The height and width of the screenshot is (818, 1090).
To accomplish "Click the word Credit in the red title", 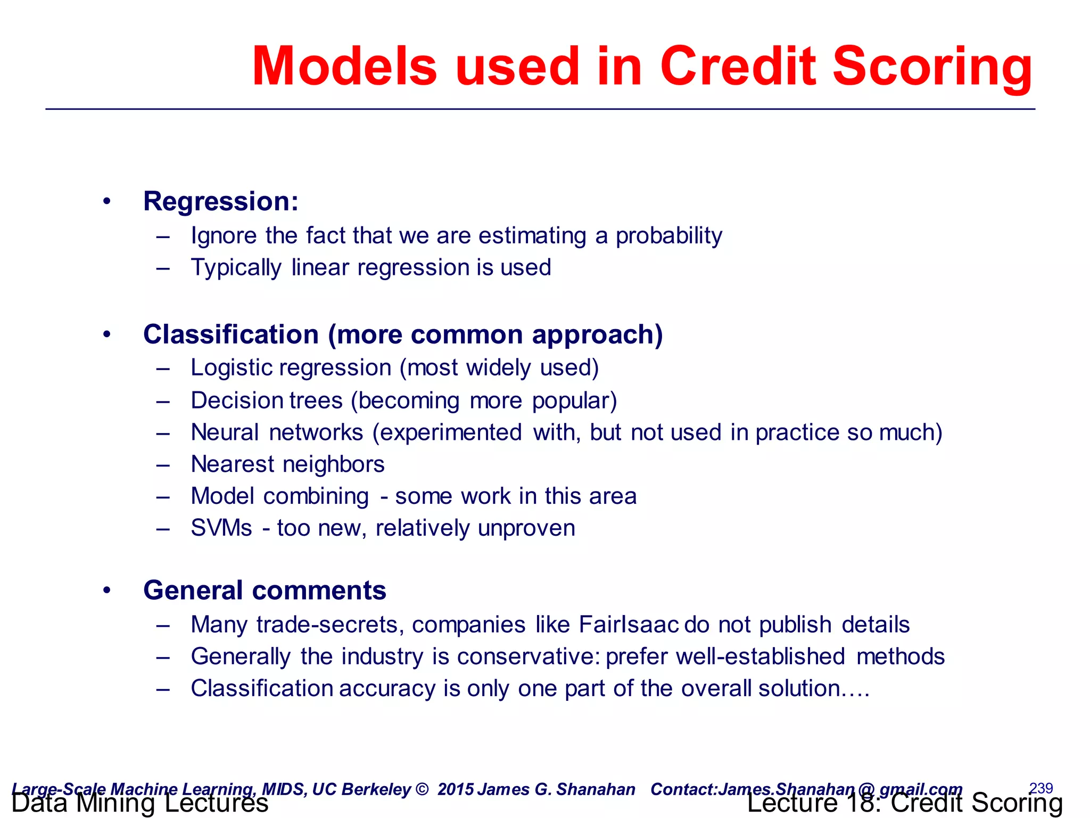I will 738,66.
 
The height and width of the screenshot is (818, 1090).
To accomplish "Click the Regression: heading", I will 221,201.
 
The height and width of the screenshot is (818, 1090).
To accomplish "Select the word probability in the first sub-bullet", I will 669,235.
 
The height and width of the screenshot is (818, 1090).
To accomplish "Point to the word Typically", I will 236,267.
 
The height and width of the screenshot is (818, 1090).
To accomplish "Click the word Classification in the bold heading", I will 231,334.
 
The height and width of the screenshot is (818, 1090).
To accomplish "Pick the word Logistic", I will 232,368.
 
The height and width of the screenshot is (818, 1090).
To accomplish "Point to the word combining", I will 316,496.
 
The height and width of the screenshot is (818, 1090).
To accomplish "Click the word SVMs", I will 221,528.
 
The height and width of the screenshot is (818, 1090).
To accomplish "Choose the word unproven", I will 526,528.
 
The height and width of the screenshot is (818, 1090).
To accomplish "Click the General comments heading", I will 265,591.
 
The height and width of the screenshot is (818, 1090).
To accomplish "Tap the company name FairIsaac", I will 629,625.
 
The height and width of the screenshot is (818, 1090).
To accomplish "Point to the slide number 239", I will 1041,788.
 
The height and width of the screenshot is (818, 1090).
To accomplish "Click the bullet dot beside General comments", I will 107,590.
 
